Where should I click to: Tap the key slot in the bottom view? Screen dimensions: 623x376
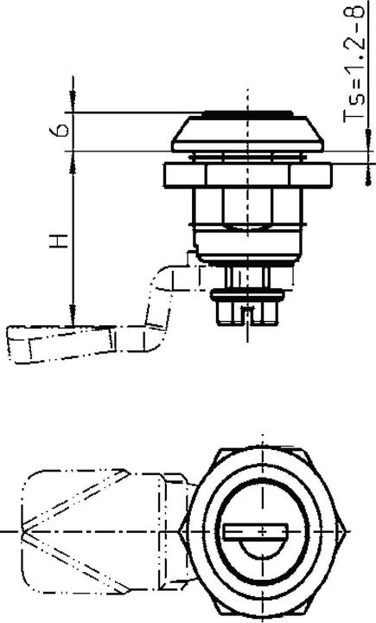click(258, 530)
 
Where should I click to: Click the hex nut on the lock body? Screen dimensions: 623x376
click(247, 206)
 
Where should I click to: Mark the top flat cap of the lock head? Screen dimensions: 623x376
click(247, 112)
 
